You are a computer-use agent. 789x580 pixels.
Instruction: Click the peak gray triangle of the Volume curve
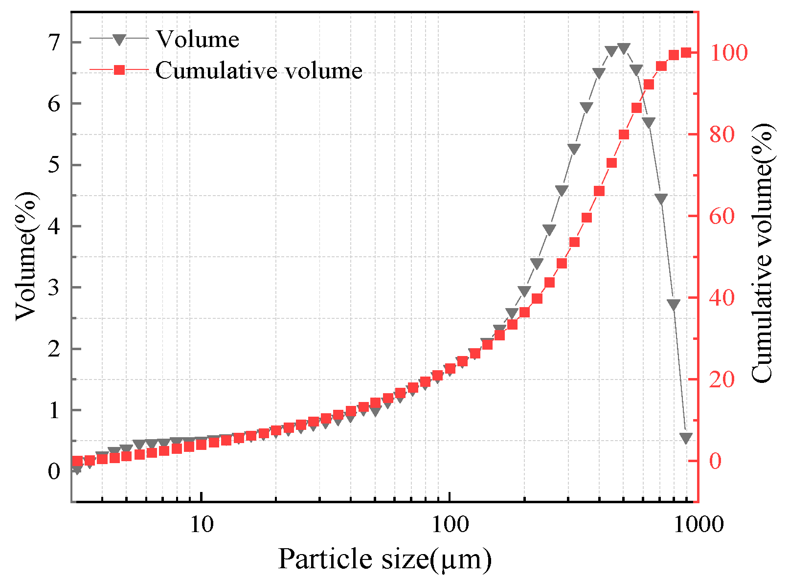pyautogui.click(x=624, y=48)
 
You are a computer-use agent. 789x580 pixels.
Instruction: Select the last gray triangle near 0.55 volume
pyautogui.click(x=686, y=438)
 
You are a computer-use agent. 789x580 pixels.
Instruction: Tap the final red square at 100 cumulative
pyautogui.click(x=686, y=53)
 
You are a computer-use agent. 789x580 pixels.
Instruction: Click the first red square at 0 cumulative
pyautogui.click(x=77, y=461)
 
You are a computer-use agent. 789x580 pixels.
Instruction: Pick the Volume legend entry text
pyautogui.click(x=197, y=39)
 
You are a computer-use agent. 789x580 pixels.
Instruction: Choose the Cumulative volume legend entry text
pyautogui.click(x=259, y=70)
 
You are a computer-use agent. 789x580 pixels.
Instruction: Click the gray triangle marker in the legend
pyautogui.click(x=119, y=39)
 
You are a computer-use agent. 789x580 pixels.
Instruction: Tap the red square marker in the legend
pyautogui.click(x=119, y=70)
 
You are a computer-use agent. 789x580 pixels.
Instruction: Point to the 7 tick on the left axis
pyautogui.click(x=54, y=42)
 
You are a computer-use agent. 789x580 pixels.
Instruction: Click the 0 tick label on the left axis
pyautogui.click(x=54, y=471)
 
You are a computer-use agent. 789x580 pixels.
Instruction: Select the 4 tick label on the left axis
pyautogui.click(x=54, y=226)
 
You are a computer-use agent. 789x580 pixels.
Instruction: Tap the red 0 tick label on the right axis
pyautogui.click(x=715, y=461)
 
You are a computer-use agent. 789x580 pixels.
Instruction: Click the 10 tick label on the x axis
pyautogui.click(x=201, y=524)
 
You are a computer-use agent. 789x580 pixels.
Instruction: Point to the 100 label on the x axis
pyautogui.click(x=449, y=524)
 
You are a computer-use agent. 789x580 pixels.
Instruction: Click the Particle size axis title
pyautogui.click(x=384, y=558)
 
